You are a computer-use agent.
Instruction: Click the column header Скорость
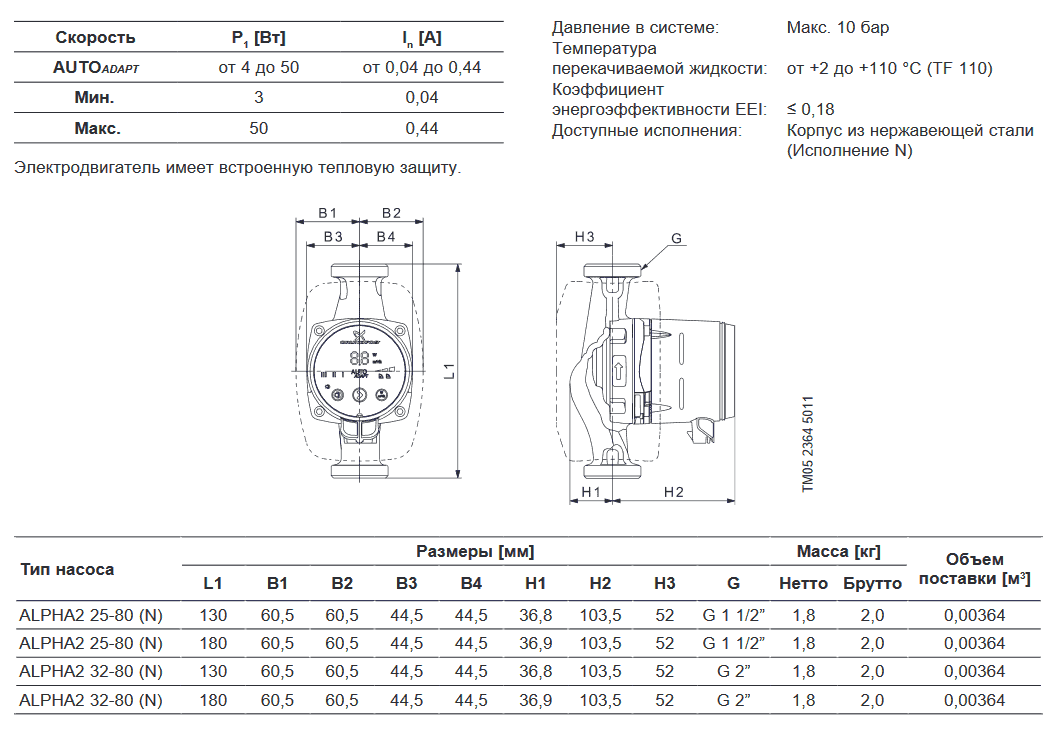pyautogui.click(x=95, y=38)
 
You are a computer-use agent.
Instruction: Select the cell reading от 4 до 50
pyautogui.click(x=258, y=68)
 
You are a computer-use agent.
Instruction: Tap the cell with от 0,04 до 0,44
pyautogui.click(x=421, y=68)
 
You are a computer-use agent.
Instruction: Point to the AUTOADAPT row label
pyautogui.click(x=95, y=68)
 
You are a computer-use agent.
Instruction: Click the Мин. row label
pyautogui.click(x=95, y=98)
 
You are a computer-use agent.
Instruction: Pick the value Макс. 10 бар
pyautogui.click(x=837, y=27)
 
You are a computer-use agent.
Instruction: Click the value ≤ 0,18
pyautogui.click(x=810, y=109)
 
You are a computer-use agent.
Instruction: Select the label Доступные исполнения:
pyautogui.click(x=646, y=130)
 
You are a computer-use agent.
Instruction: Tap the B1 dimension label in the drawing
pyautogui.click(x=328, y=213)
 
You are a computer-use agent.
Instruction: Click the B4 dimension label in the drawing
pyautogui.click(x=385, y=236)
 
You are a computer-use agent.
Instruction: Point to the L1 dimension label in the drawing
pyautogui.click(x=450, y=371)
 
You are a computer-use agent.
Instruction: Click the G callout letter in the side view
pyautogui.click(x=676, y=239)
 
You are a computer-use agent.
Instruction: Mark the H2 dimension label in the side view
pyautogui.click(x=673, y=492)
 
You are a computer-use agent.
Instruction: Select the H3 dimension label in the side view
pyautogui.click(x=585, y=236)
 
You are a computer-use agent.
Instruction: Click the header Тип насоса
pyautogui.click(x=67, y=569)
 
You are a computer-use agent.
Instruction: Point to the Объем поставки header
pyautogui.click(x=974, y=568)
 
